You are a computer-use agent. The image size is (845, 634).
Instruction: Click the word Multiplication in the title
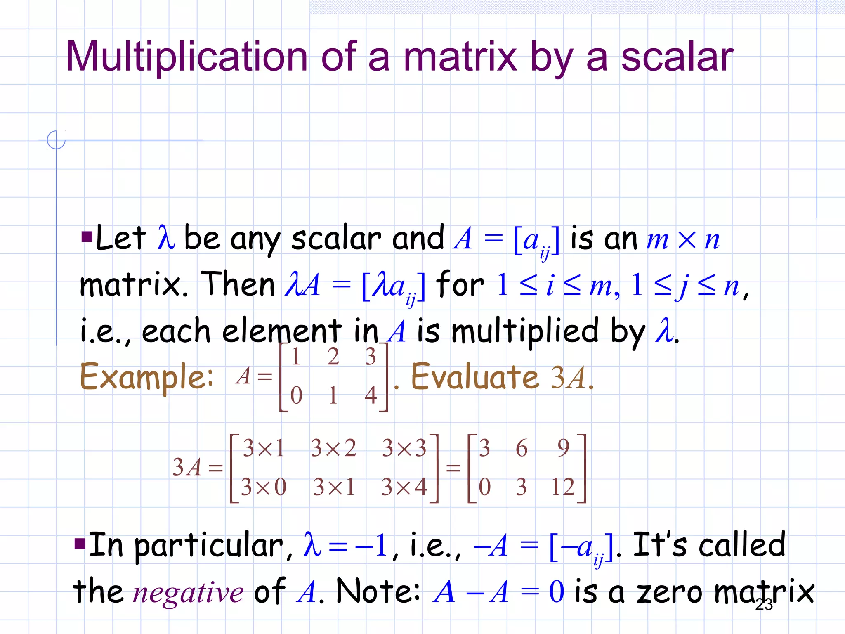point(186,57)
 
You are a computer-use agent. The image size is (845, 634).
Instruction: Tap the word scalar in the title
point(677,57)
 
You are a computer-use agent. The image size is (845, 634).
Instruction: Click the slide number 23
point(764,605)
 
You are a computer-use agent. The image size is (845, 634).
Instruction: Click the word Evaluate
point(475,377)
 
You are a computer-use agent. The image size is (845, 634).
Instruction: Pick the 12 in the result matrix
point(562,487)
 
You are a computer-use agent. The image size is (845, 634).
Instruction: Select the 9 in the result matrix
point(563,448)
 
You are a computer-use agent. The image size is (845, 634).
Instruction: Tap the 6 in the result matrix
point(522,448)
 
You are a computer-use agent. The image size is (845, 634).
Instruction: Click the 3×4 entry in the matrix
point(404,487)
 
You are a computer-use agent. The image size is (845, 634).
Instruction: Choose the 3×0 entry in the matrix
point(263,487)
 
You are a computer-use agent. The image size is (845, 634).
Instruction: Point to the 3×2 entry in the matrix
point(333,448)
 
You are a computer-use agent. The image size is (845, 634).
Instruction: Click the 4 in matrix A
point(371,395)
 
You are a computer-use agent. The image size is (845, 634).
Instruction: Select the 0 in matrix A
point(296,395)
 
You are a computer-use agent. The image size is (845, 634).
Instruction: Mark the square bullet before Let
point(87,237)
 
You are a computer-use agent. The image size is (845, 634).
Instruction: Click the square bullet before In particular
point(80,544)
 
